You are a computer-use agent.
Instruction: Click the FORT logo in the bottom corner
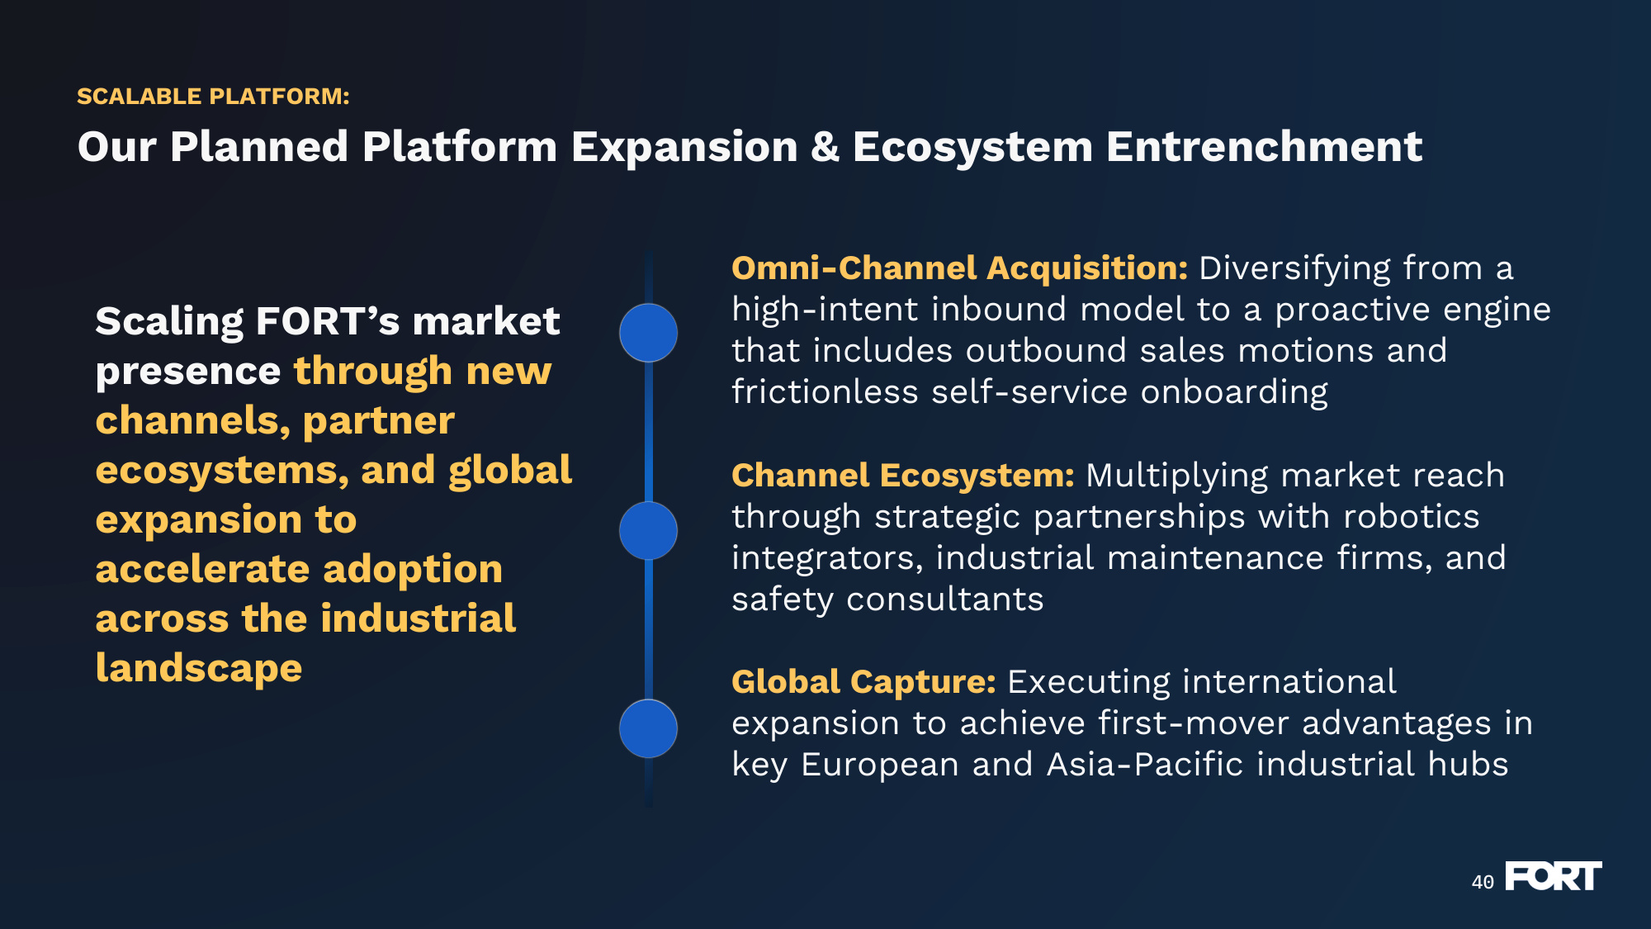[x=1554, y=876]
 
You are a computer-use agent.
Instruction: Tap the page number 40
[x=1483, y=882]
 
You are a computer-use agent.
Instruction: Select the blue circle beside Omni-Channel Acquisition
[x=649, y=333]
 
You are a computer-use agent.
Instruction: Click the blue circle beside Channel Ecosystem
[x=649, y=530]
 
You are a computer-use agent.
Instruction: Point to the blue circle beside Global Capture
[x=649, y=728]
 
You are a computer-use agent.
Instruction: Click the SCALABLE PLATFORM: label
[x=213, y=97]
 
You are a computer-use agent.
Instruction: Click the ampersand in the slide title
[x=825, y=147]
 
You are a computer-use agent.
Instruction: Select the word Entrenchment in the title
[x=1264, y=147]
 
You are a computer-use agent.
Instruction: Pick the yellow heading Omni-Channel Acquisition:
[x=960, y=268]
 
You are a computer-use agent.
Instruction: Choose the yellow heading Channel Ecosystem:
[x=903, y=476]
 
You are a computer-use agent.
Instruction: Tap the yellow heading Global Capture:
[x=864, y=682]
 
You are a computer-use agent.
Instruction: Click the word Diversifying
[x=1294, y=269]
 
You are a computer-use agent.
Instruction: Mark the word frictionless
[x=825, y=392]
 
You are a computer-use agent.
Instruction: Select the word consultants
[x=945, y=600]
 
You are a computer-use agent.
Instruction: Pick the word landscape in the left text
[x=199, y=668]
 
